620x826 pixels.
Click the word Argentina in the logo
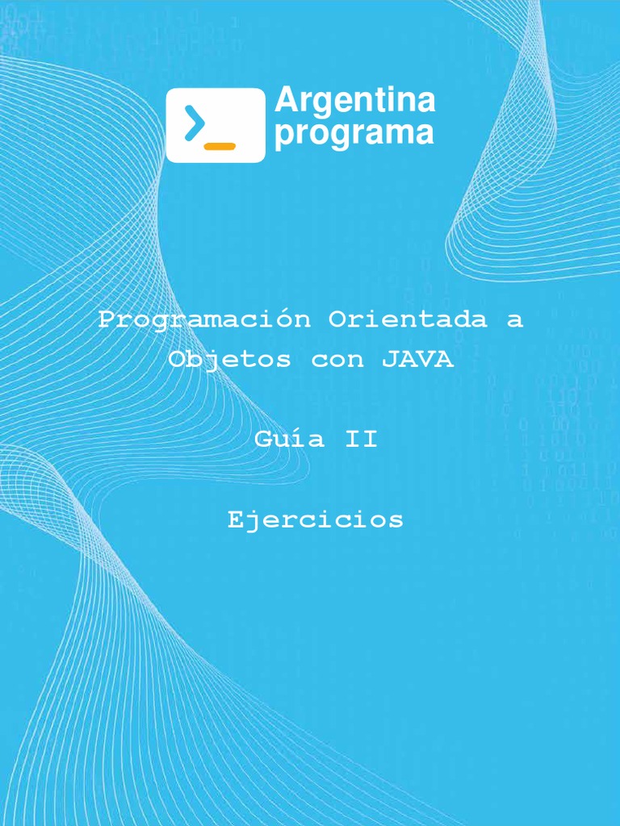(x=354, y=102)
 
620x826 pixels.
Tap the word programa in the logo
(x=354, y=134)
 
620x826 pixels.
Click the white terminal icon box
(x=216, y=125)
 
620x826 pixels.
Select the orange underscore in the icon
(x=220, y=146)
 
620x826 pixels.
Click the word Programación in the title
(x=204, y=319)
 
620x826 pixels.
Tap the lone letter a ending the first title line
(x=515, y=320)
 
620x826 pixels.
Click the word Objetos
(x=229, y=360)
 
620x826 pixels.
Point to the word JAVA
(x=417, y=360)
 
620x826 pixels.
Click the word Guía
(x=290, y=440)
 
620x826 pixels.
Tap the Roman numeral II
(x=362, y=440)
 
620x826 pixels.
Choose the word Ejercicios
(x=316, y=520)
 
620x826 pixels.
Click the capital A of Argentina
(x=284, y=102)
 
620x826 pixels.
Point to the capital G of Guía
(x=263, y=440)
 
